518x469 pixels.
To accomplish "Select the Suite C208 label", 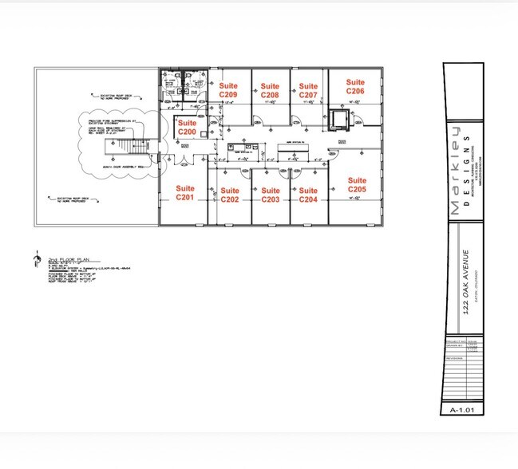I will pos(270,90).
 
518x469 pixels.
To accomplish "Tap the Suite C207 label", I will pos(308,90).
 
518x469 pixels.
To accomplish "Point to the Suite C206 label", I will pos(355,87).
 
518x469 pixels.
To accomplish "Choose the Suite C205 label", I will pos(357,186).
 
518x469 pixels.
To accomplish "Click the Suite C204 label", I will pos(308,195).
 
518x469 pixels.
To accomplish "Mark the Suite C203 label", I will pos(271,195).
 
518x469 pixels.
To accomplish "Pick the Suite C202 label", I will pos(230,195).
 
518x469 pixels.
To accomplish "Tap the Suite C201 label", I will pos(185,192).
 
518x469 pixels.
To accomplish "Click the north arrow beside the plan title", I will pos(35,259).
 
